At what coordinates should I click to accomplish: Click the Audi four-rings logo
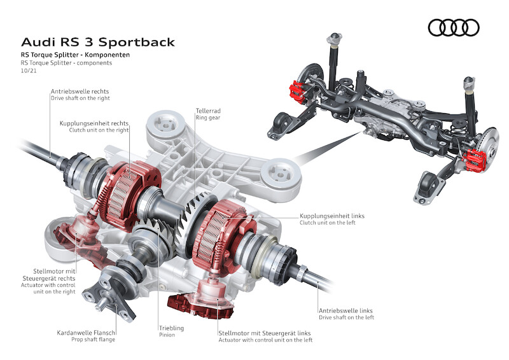(x=453, y=27)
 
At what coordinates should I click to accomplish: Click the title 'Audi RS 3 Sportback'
(x=98, y=43)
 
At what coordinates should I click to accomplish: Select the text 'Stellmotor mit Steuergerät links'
(x=264, y=332)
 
